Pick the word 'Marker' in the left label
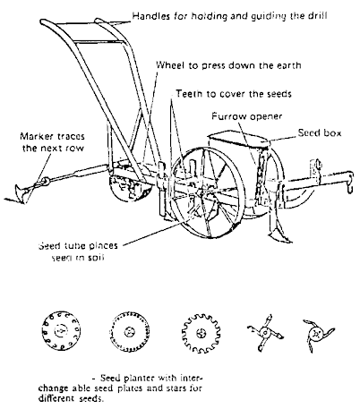click(x=39, y=135)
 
